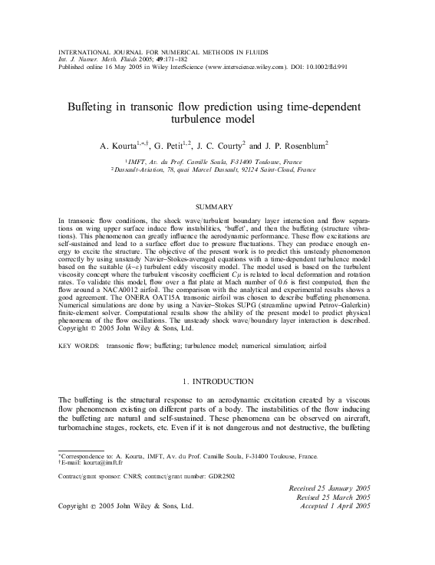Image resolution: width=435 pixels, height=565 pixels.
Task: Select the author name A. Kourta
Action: tap(123, 145)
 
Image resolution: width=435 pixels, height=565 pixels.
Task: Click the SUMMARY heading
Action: tap(216, 207)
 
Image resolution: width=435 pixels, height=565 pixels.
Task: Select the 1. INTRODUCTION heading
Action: tap(217, 381)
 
